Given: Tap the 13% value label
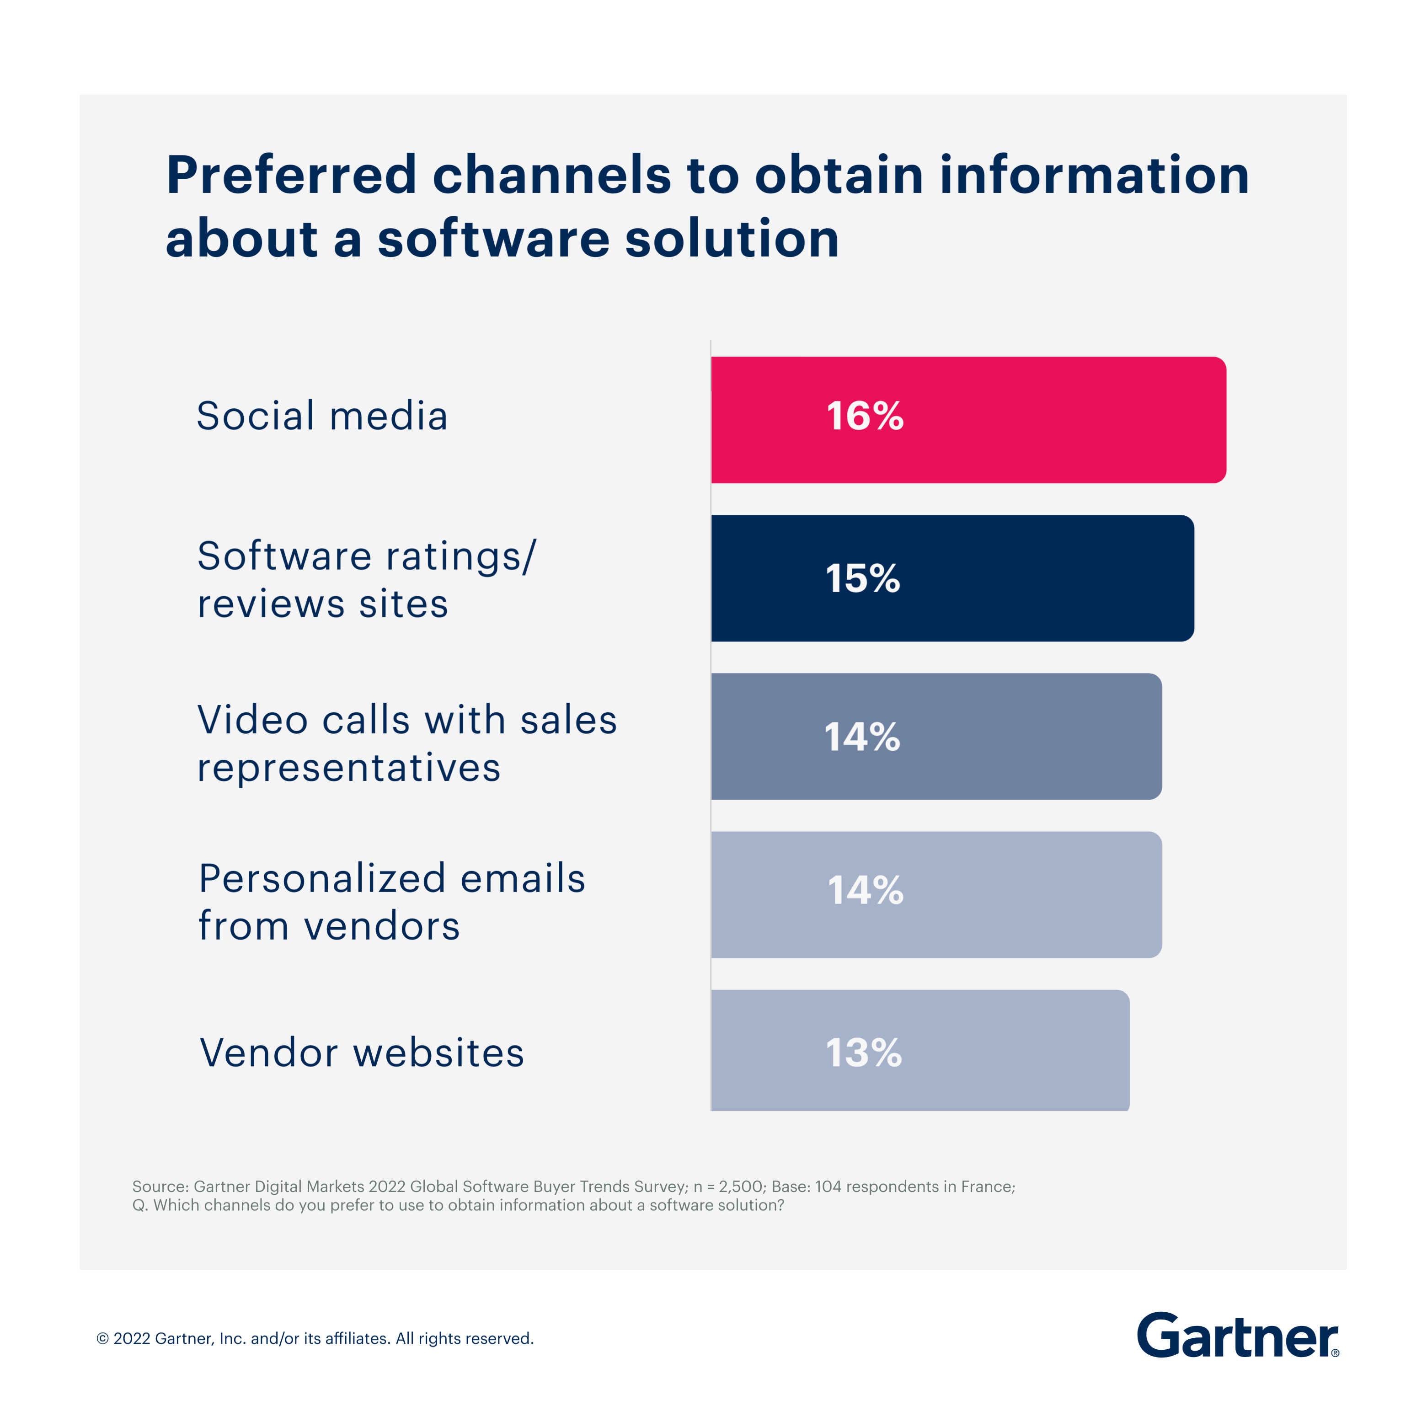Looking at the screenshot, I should coord(863,1053).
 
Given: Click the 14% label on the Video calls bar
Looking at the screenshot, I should coord(862,737).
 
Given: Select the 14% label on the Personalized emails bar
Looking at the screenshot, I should coord(865,890).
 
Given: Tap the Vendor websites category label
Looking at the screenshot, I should coord(362,1053).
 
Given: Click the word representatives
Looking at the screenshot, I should coord(348,768).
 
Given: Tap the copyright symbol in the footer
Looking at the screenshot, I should coord(103,1339).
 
